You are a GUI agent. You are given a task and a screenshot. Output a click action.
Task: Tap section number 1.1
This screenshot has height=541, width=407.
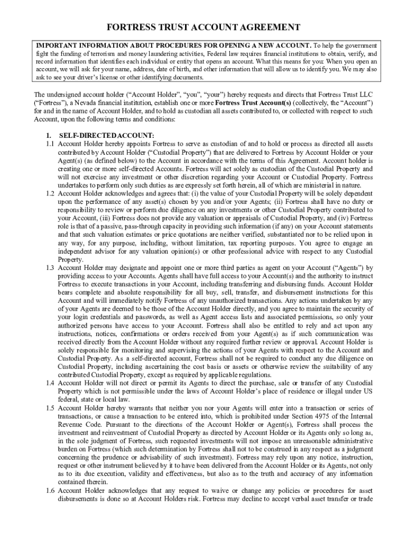pos(50,144)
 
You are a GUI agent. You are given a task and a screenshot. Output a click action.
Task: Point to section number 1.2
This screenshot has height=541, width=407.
pos(50,193)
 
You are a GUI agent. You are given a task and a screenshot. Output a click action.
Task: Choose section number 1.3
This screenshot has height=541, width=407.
pos(50,267)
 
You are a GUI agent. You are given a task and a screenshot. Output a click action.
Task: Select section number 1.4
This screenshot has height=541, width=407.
pos(50,383)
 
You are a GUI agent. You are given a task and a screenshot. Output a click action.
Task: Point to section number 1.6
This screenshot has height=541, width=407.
pos(50,490)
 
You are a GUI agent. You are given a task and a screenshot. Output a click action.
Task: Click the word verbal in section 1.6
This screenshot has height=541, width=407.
pos(298,499)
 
